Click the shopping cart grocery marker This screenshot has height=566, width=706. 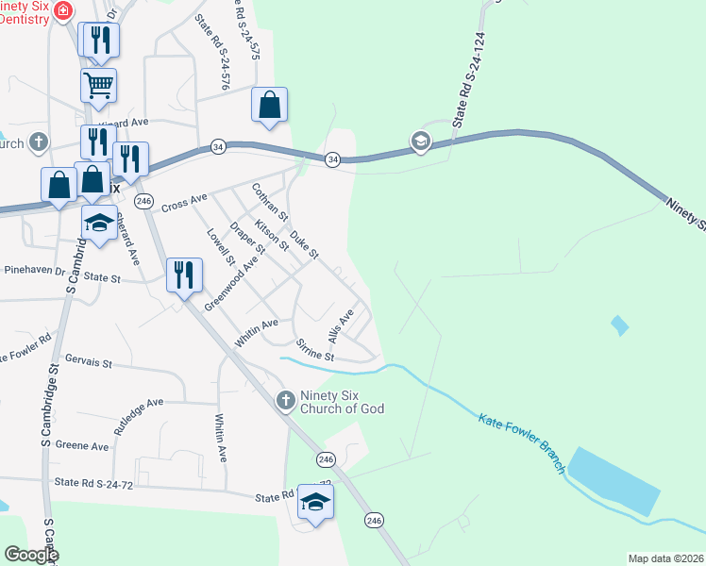point(98,86)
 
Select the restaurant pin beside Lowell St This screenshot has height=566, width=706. point(184,275)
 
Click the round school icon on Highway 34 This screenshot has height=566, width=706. point(420,142)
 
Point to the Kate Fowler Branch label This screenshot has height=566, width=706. point(522,444)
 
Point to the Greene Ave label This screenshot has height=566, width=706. point(82,445)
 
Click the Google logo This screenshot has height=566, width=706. point(31,555)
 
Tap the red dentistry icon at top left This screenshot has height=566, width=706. point(63,11)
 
